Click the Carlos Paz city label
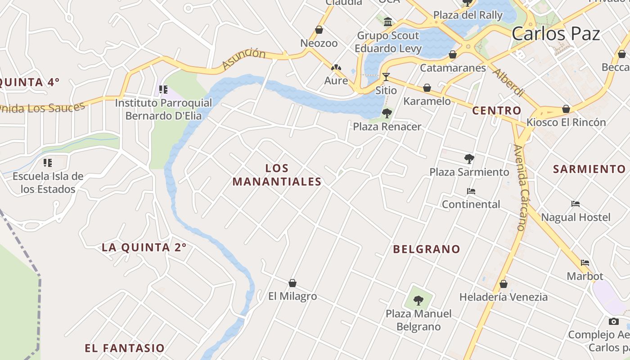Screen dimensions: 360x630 tap(556, 34)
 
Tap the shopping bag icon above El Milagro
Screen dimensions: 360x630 tap(292, 283)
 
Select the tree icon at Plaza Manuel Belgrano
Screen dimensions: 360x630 tap(418, 300)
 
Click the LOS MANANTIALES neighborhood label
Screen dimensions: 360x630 tap(277, 175)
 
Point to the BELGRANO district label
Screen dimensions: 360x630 tap(427, 249)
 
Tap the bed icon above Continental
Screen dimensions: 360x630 tap(471, 191)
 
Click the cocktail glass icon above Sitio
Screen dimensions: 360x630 tap(386, 76)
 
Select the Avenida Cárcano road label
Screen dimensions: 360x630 tap(520, 188)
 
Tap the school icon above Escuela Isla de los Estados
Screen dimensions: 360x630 tap(48, 162)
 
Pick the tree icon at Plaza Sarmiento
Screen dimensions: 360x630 tap(469, 158)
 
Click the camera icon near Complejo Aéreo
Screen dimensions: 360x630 tap(613, 321)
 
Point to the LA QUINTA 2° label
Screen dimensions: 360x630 tap(144, 247)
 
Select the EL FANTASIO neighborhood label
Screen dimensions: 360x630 tap(125, 348)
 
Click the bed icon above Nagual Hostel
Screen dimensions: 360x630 tap(576, 204)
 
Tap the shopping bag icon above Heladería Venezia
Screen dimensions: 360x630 tap(504, 284)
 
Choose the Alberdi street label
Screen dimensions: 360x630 tap(508, 82)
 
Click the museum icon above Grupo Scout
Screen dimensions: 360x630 tap(388, 21)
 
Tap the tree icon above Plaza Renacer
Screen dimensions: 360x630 tap(387, 113)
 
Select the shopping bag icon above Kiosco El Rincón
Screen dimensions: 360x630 tap(566, 109)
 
